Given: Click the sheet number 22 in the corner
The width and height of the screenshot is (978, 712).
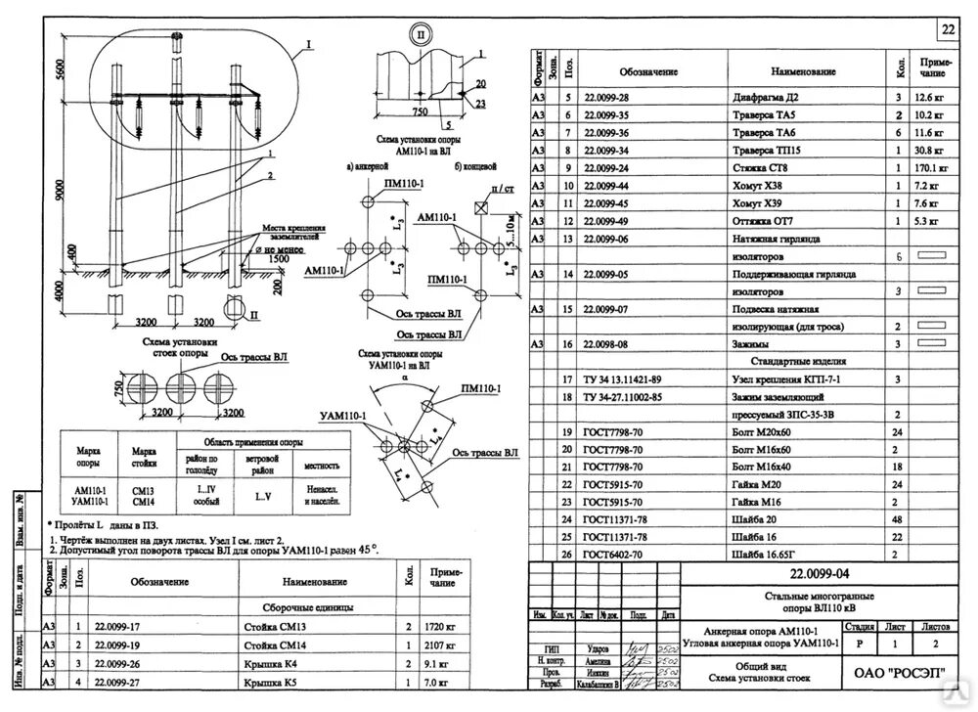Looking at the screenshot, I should point(948,29).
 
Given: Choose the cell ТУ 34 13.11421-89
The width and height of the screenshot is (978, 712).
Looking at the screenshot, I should point(623,378).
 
